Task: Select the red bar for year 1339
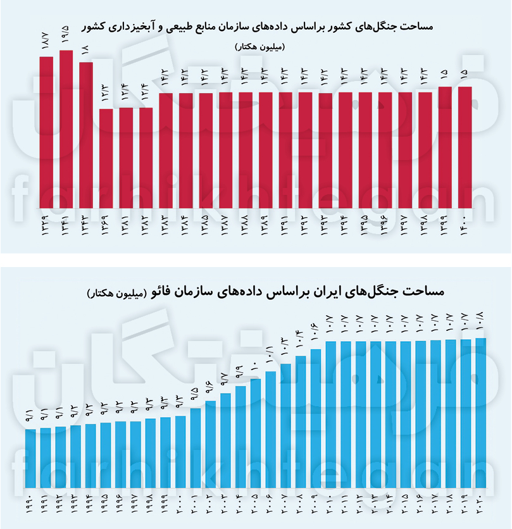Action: tap(46, 133)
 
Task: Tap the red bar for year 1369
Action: tap(106, 159)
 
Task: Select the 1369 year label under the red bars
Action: tap(106, 227)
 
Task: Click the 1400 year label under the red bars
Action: tap(465, 227)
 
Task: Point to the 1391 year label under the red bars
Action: tap(285, 227)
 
